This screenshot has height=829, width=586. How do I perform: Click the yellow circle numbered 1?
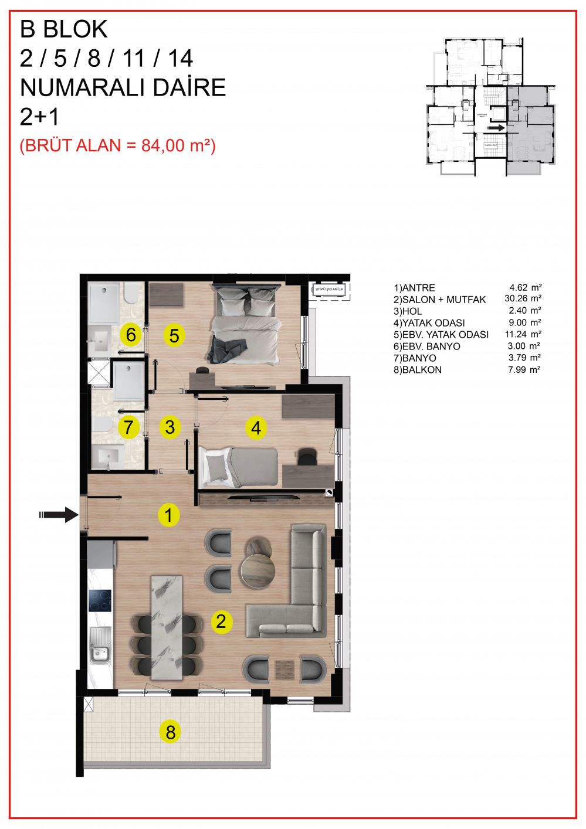(x=169, y=515)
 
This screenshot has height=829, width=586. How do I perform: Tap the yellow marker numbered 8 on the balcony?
(x=171, y=732)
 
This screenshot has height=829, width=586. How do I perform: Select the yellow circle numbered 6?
(x=131, y=335)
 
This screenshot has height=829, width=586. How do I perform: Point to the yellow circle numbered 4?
(x=256, y=428)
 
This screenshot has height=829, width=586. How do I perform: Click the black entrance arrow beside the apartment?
(x=59, y=515)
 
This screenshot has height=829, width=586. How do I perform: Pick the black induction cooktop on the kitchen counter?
(x=100, y=600)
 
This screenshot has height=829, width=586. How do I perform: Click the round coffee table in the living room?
(x=258, y=569)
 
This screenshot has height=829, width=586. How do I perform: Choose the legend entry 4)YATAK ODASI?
(x=429, y=322)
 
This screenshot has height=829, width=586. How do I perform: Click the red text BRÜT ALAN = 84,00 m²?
(x=118, y=145)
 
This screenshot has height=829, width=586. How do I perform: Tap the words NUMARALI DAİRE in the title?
(x=123, y=88)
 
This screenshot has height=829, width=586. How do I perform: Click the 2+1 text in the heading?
(x=40, y=117)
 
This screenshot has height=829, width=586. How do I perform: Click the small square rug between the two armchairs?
(x=285, y=668)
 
